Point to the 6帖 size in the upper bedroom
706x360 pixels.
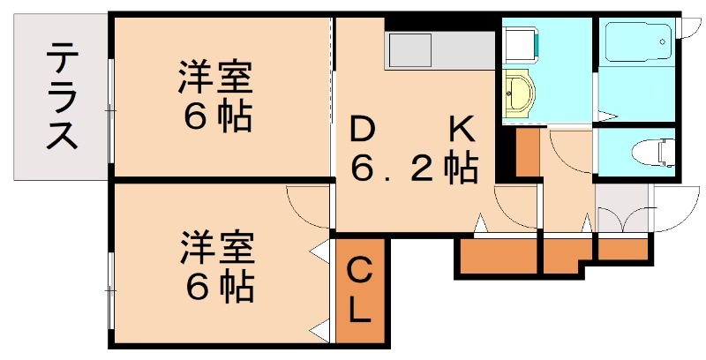(x=215, y=116)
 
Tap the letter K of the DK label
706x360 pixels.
(x=462, y=131)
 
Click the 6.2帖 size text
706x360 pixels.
(x=415, y=167)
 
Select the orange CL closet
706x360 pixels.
(x=359, y=289)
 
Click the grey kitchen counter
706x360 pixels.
(x=439, y=49)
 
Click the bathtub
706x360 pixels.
(x=636, y=41)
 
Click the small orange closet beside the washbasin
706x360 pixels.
(x=527, y=153)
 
